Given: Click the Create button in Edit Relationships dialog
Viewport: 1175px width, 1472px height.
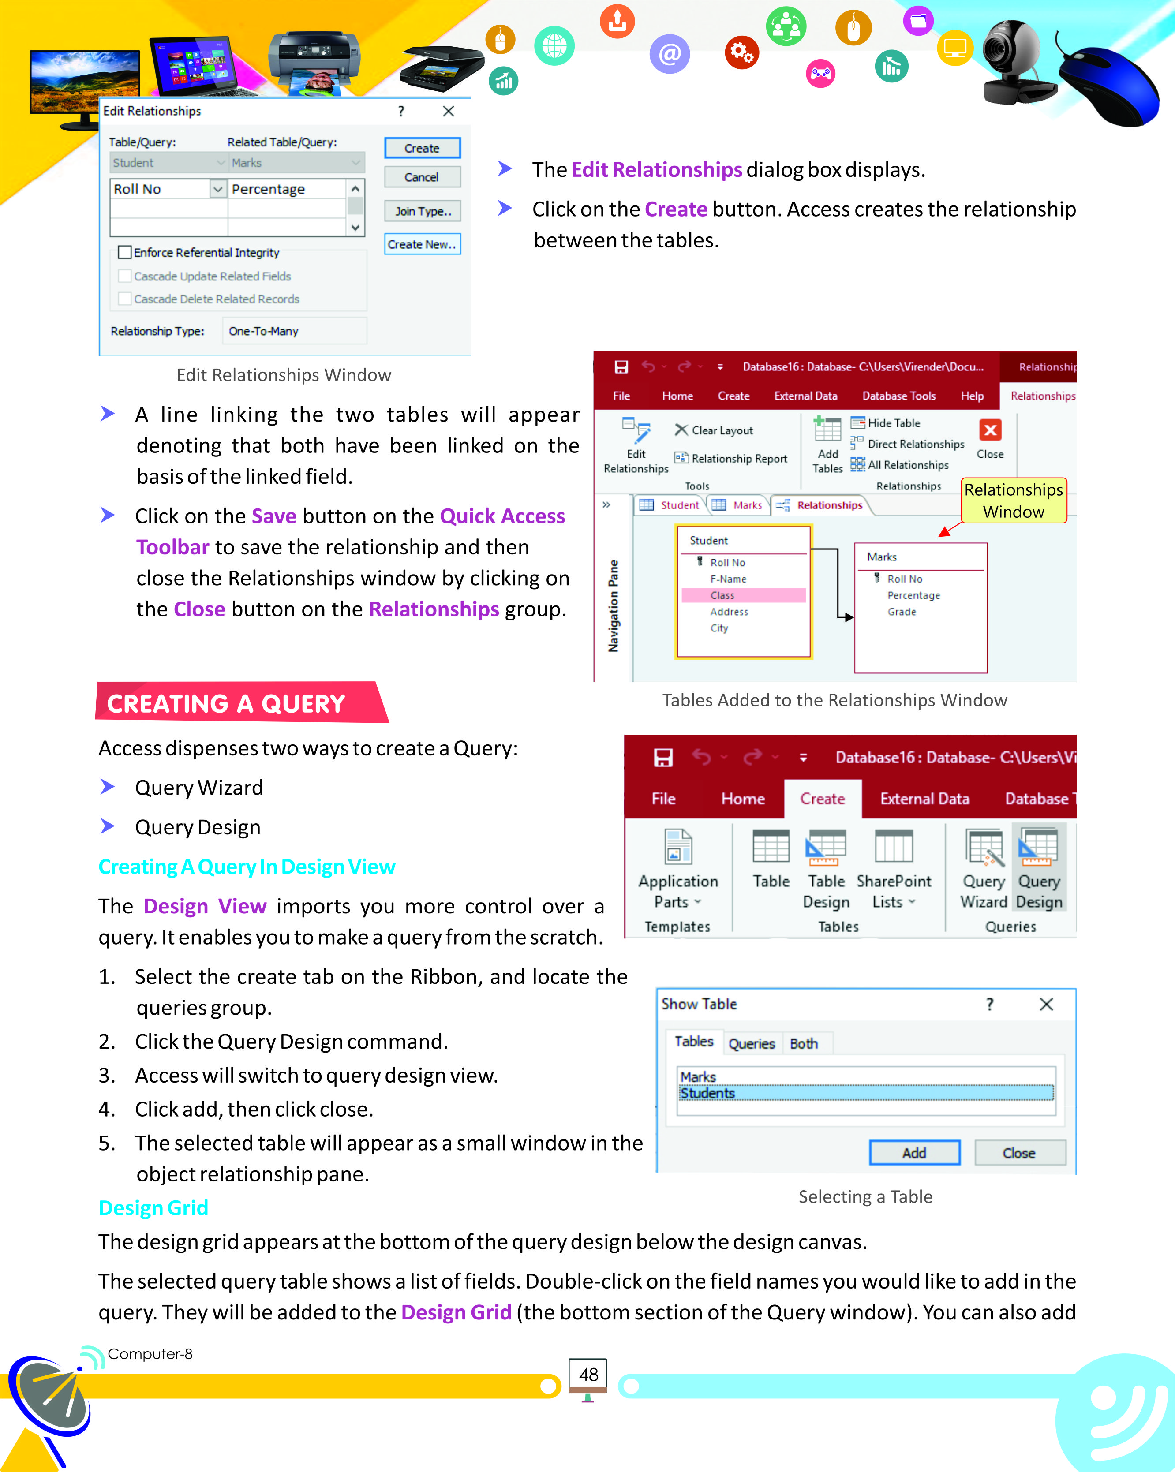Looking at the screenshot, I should [422, 148].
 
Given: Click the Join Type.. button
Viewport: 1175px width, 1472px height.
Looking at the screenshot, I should [422, 211].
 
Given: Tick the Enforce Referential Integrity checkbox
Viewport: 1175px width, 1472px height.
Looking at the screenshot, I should [125, 253].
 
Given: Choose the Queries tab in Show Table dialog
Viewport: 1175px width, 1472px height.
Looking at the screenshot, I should [751, 1043].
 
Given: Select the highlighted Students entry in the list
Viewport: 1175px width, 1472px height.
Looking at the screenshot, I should [707, 1093].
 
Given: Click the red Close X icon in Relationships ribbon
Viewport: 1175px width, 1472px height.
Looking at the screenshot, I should [990, 430].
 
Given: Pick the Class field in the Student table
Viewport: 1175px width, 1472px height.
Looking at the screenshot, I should [722, 595].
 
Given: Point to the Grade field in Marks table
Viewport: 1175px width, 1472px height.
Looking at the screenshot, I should [901, 612].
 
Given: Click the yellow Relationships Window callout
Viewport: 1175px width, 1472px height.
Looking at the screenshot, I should [1013, 501].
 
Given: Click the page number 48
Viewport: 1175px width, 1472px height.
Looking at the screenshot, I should [588, 1375].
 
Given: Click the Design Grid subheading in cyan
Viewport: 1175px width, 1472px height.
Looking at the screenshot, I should [153, 1208].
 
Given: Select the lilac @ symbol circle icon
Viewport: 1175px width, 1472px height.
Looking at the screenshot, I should [669, 53].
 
